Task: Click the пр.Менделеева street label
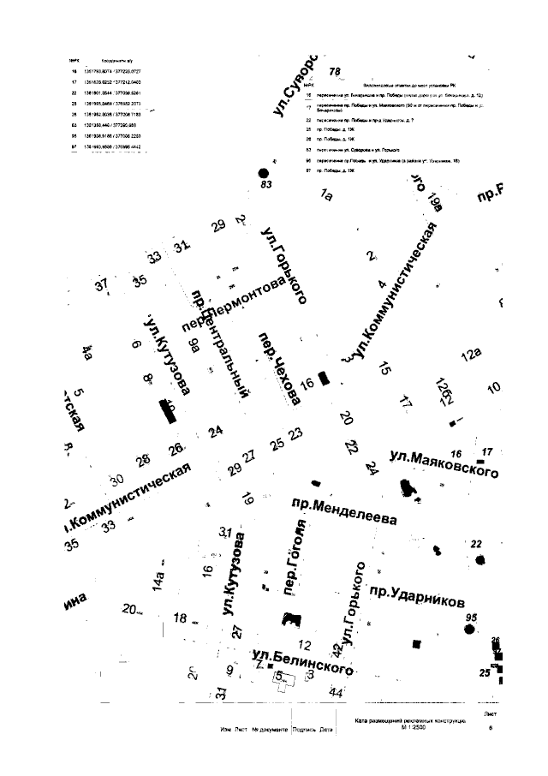tap(342, 511)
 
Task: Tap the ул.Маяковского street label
tap(443, 468)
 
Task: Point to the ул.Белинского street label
tap(303, 662)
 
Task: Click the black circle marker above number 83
tap(264, 172)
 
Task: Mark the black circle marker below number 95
tap(469, 630)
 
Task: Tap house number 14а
tap(158, 581)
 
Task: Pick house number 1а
tap(325, 195)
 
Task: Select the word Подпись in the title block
tap(304, 730)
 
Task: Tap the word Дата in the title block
tap(326, 730)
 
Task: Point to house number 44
tap(337, 691)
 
